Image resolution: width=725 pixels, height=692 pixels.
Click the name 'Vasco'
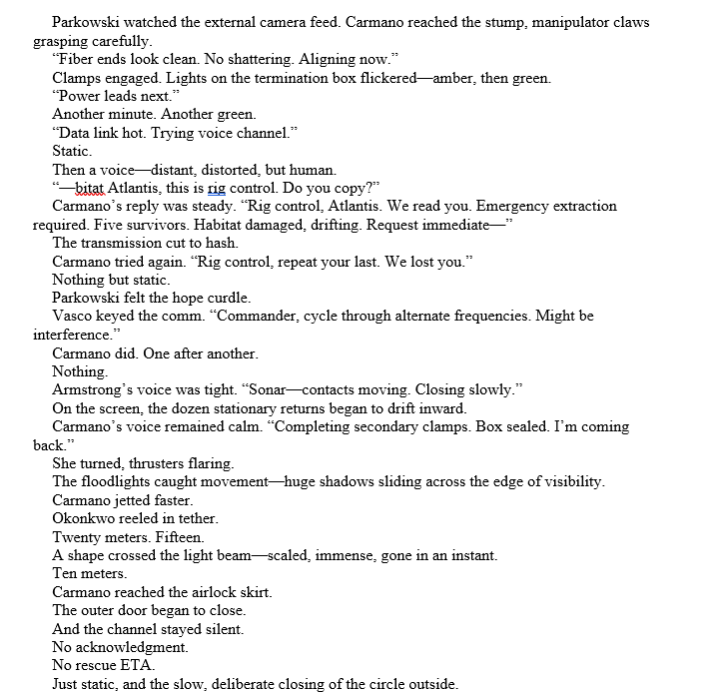[x=75, y=317]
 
